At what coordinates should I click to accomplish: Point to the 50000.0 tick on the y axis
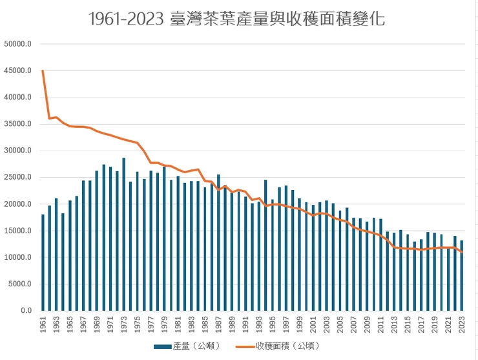click(17, 45)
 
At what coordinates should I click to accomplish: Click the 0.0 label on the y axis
click(25, 311)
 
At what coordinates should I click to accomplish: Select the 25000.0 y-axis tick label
click(17, 178)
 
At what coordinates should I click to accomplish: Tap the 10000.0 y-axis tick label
click(17, 258)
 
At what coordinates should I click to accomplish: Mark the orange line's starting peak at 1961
click(43, 70)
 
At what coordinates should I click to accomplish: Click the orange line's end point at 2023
click(462, 252)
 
